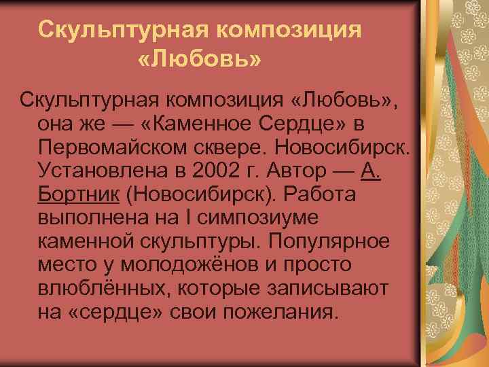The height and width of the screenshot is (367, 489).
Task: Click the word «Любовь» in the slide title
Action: pos(198,60)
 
